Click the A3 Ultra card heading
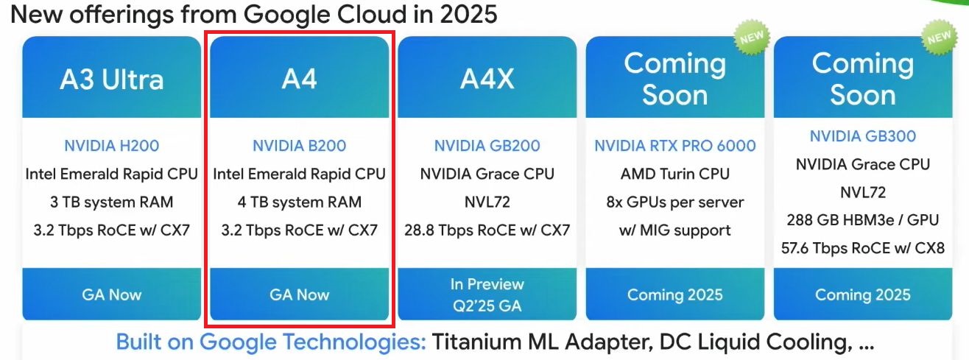coord(112,80)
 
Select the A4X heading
coord(487,79)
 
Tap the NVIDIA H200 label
coord(112,146)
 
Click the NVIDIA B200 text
coord(300,146)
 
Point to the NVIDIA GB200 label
coord(487,146)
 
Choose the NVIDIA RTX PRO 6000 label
coord(674,146)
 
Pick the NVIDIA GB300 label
coord(862,136)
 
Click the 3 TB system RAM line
coord(112,202)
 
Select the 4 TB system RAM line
coord(300,202)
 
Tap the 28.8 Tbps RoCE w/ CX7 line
coord(487,230)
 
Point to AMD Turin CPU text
coord(674,174)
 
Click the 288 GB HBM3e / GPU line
coord(862,220)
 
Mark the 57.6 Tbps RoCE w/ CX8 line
coord(862,248)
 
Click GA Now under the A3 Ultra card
coord(112,294)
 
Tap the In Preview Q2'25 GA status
coord(487,294)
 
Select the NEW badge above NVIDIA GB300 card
coord(938,38)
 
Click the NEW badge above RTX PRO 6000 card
coord(751,38)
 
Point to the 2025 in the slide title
coord(468,14)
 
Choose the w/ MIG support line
coord(674,230)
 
